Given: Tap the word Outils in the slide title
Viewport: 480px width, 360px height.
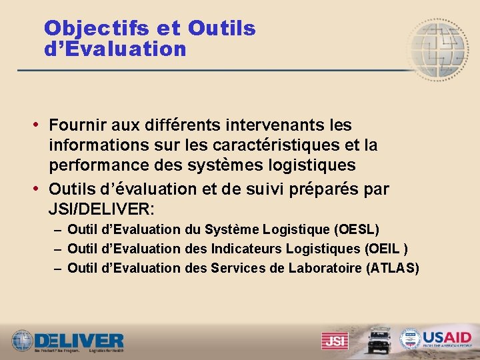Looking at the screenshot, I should point(222,28).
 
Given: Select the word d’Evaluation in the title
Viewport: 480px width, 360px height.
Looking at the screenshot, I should point(115,49).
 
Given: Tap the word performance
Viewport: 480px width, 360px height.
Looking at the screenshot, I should point(103,165).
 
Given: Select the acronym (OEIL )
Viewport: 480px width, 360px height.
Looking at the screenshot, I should point(386,249).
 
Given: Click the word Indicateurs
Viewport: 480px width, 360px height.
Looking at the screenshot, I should point(247,249).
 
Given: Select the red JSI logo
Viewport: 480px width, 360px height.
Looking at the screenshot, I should point(335,341).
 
